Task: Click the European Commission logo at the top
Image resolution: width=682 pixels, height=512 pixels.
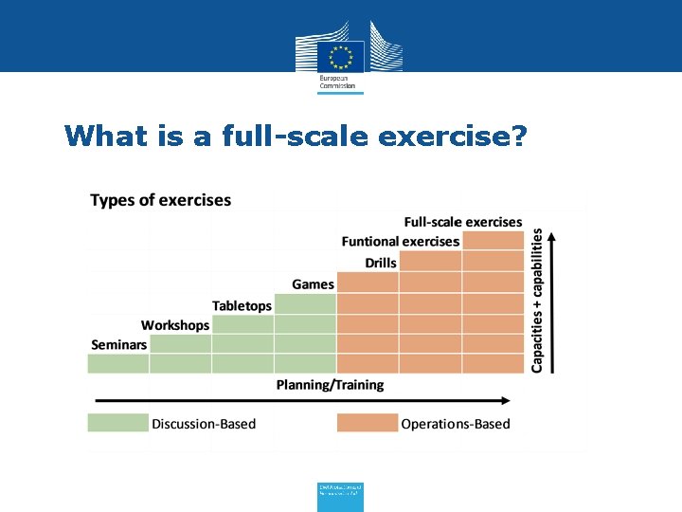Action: [x=341, y=56]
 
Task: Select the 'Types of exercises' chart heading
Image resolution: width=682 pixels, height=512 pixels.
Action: [x=160, y=200]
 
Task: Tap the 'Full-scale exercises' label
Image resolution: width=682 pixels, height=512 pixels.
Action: [x=463, y=222]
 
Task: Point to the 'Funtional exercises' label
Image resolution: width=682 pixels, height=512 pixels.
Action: [x=400, y=242]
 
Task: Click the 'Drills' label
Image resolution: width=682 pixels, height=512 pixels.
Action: [x=381, y=263]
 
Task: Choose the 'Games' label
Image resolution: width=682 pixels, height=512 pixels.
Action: [x=313, y=284]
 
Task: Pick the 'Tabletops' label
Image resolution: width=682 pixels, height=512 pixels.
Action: [x=242, y=305]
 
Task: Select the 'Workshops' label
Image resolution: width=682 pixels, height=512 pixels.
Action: [x=175, y=325]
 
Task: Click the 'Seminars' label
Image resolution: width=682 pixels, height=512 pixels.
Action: [x=118, y=345]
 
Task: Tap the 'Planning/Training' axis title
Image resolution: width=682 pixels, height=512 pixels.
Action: [x=330, y=385]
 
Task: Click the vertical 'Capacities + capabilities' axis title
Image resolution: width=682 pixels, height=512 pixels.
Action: [x=537, y=299]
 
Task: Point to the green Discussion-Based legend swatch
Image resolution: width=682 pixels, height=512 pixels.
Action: [x=117, y=423]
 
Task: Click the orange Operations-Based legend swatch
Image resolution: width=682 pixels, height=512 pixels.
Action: [x=368, y=423]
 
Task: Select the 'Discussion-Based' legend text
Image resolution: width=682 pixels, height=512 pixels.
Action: [x=204, y=424]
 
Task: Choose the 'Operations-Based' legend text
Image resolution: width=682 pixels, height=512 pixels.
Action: [x=455, y=424]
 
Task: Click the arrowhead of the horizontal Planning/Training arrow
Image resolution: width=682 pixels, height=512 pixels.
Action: [x=519, y=398]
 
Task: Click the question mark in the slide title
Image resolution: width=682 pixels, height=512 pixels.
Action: [x=516, y=137]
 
